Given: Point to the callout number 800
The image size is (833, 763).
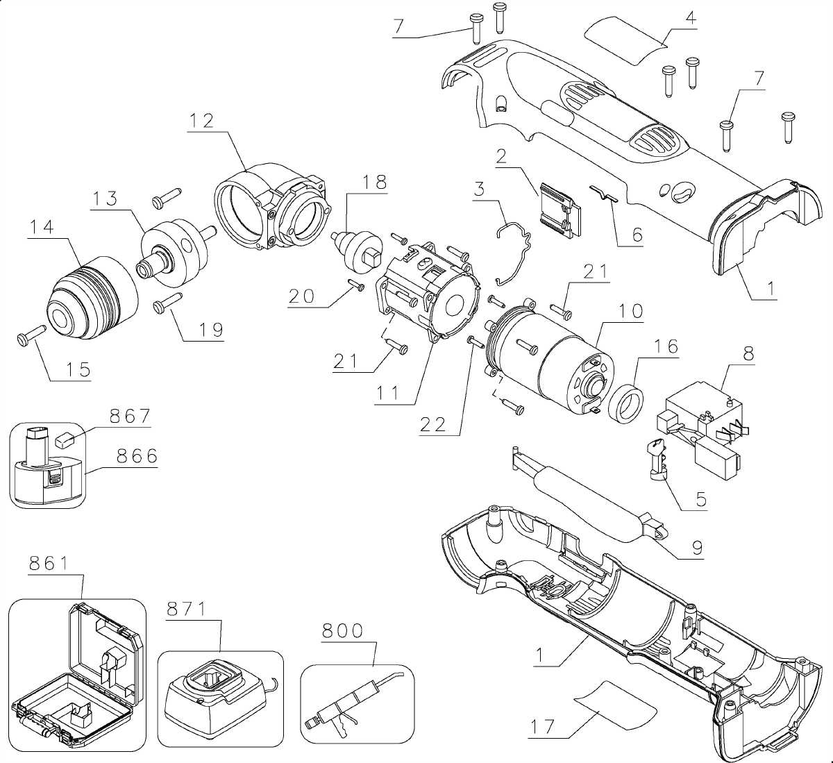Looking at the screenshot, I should [x=342, y=630].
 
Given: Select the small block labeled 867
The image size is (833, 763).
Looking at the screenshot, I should [x=68, y=438].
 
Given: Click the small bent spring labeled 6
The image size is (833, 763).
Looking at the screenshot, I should [x=603, y=196].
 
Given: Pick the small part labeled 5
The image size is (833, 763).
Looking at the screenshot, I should [x=657, y=458].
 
